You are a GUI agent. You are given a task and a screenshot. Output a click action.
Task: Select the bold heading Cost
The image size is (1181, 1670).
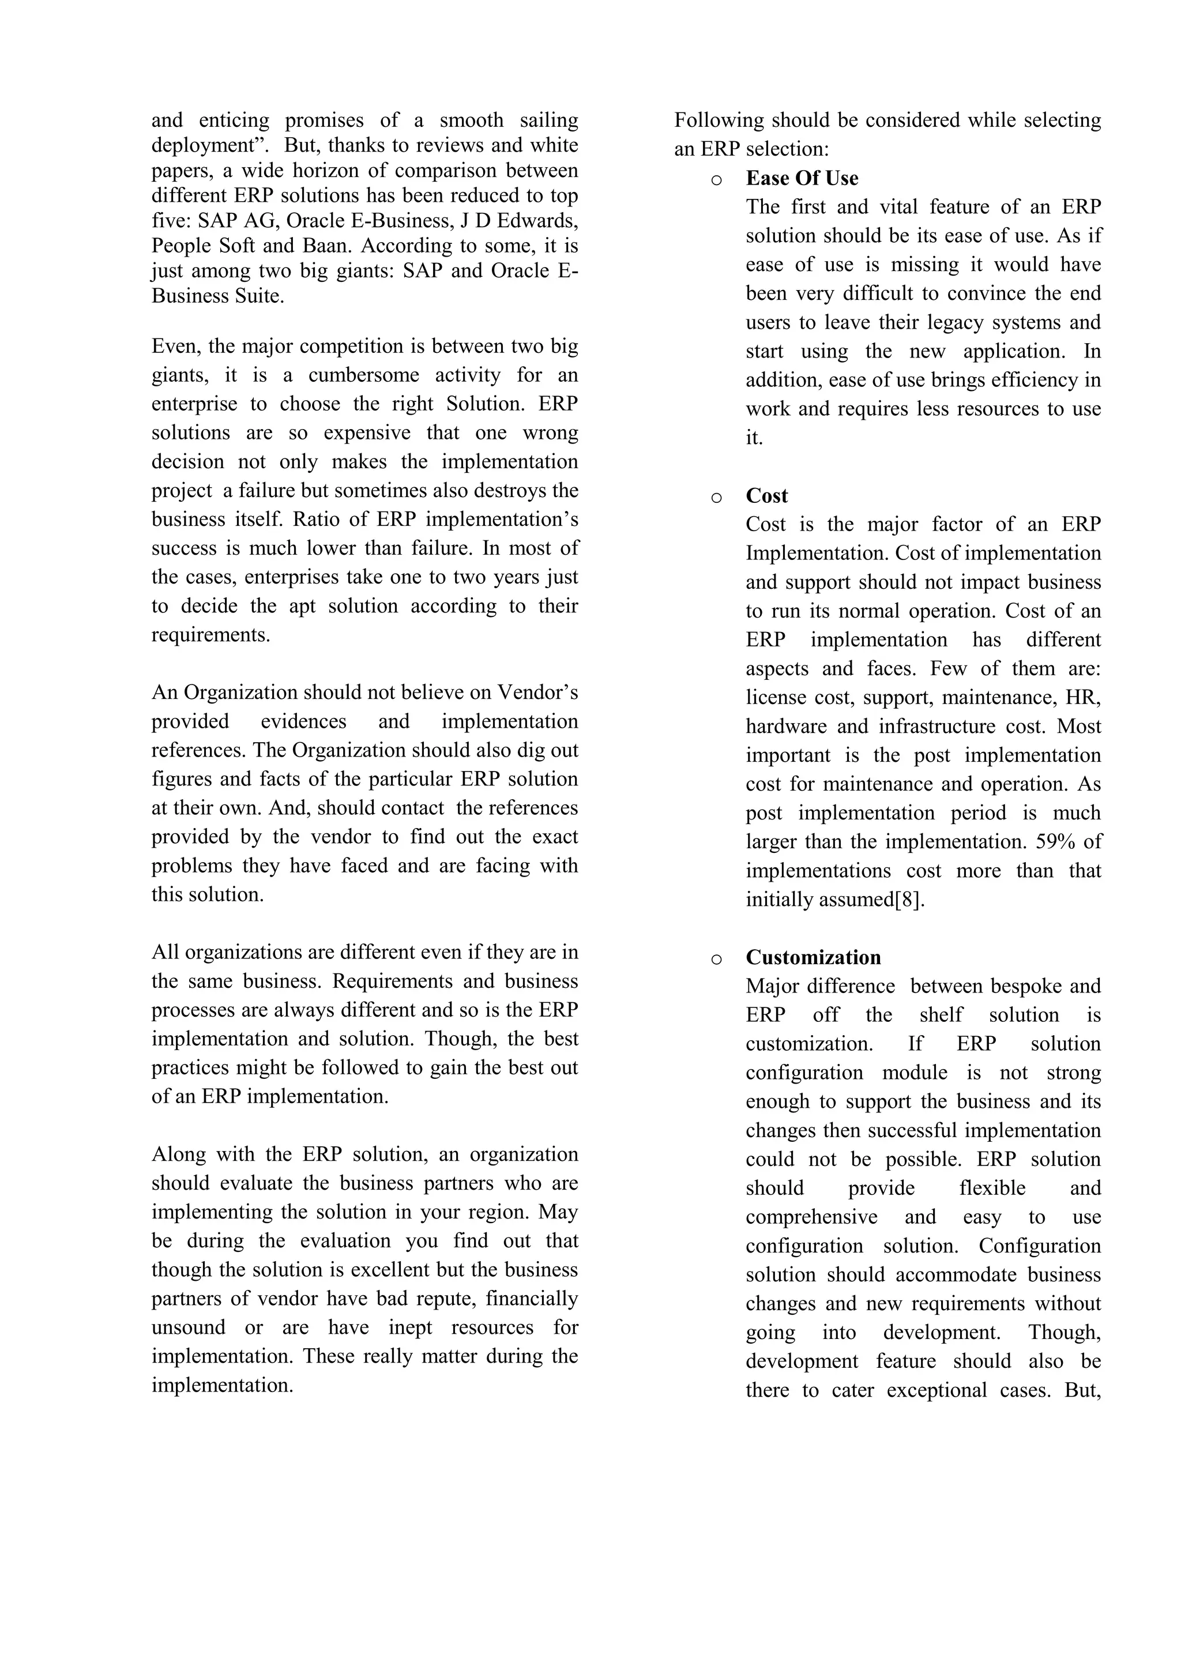coord(766,496)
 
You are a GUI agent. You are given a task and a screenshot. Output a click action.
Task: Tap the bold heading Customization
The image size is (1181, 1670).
coord(813,957)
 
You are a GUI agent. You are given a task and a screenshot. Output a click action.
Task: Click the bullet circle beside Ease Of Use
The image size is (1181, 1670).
coord(716,180)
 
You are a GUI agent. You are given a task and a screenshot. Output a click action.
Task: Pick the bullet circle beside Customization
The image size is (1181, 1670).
coord(716,960)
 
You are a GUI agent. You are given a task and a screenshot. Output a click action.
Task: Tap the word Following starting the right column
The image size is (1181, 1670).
coord(719,120)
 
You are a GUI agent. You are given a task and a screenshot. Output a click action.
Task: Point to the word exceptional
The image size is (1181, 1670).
coord(936,1390)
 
